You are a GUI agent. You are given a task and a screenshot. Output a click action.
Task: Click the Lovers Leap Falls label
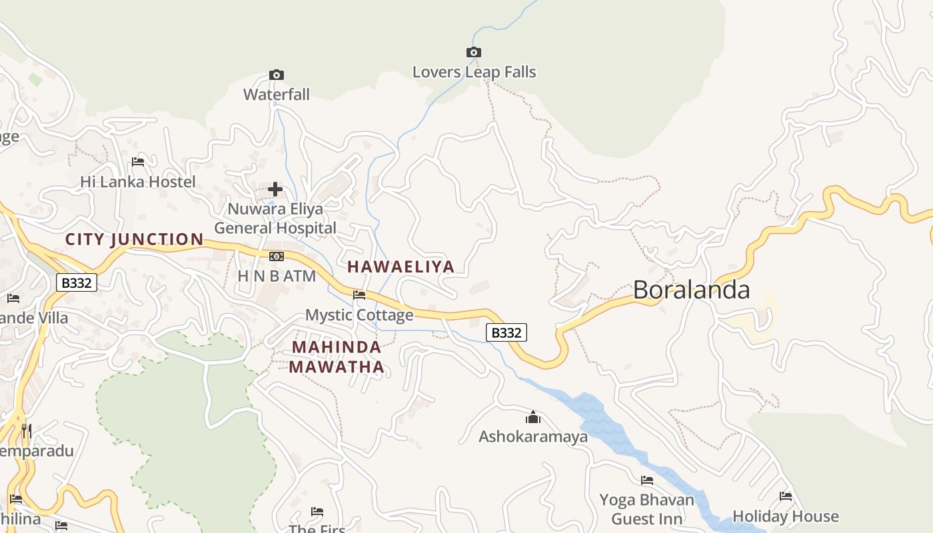474,72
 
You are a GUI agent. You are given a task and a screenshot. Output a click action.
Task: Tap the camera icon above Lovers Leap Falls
473,52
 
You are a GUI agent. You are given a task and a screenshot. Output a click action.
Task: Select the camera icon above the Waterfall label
276,75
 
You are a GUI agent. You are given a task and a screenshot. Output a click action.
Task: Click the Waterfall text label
277,95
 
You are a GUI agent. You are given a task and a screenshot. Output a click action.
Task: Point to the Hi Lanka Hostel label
138,182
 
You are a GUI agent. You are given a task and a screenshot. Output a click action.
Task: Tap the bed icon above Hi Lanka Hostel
138,161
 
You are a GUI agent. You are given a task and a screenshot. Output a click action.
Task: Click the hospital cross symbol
275,189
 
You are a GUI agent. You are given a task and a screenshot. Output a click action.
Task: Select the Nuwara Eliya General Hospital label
275,219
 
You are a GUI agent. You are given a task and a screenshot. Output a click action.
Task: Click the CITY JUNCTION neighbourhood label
135,239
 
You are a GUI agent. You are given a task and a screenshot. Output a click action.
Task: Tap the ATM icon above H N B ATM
276,257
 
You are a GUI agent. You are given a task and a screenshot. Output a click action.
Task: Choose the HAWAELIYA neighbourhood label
401,267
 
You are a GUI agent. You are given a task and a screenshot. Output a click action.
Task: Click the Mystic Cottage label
359,315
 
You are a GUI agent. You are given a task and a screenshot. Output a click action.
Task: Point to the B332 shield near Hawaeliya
506,332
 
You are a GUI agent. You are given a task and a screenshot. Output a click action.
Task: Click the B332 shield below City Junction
76,283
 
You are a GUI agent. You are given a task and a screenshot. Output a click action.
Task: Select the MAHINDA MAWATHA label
337,356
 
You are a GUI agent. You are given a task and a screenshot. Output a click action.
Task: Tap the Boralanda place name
691,290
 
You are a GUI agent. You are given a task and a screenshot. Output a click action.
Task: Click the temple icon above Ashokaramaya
533,418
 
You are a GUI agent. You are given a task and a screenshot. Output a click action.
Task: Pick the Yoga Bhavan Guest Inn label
646,509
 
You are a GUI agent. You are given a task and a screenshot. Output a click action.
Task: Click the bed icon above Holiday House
786,496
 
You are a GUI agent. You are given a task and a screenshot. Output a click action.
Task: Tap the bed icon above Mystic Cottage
359,294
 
